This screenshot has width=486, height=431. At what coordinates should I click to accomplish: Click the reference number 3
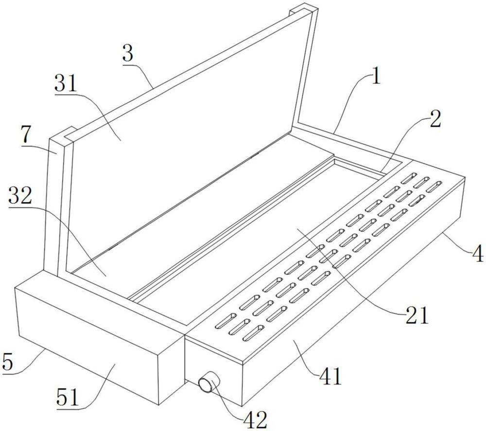pyautogui.click(x=128, y=55)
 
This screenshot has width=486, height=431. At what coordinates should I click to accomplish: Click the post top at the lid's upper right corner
pyautogui.click(x=304, y=9)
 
